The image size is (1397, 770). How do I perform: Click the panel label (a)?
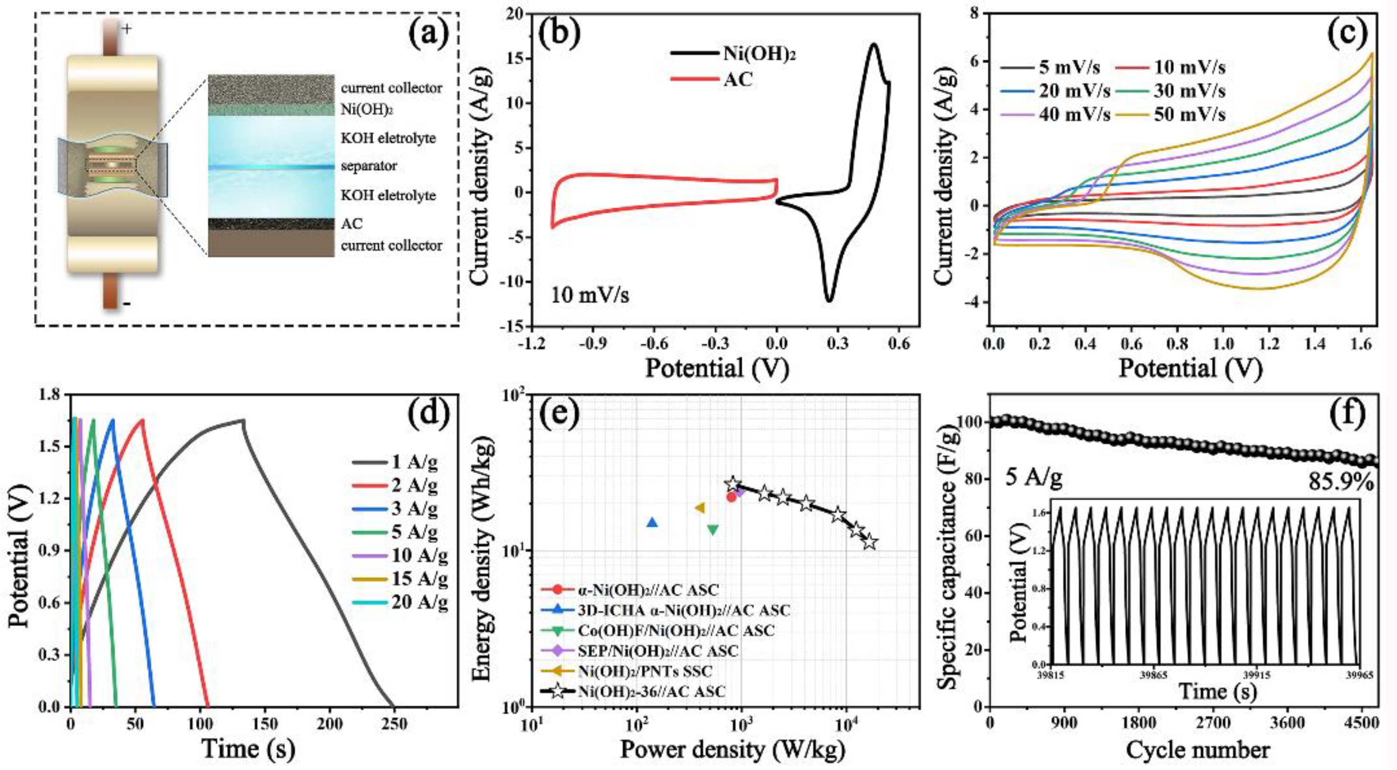coord(429,34)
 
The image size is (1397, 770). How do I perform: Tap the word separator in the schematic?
coord(369,166)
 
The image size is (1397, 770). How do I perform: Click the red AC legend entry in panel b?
coord(738,79)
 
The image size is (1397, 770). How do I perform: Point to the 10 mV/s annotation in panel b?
coord(590,296)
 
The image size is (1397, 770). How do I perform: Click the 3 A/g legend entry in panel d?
coord(415,508)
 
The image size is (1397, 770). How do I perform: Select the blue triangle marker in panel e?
coord(652,523)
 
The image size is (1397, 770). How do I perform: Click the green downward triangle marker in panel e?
coord(713,530)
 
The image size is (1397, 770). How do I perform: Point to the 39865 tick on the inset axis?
coord(1154,676)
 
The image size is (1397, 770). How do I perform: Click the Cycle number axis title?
coord(1198,750)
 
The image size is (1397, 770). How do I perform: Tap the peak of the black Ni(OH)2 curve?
coord(874,44)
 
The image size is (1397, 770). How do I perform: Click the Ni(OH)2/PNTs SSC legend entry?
coord(645,671)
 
